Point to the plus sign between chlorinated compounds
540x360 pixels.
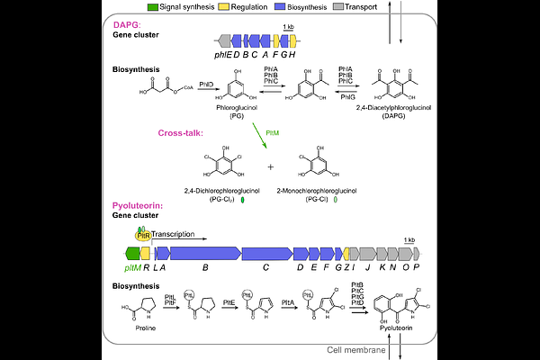[x=272, y=167]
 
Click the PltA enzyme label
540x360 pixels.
[x=288, y=304]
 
